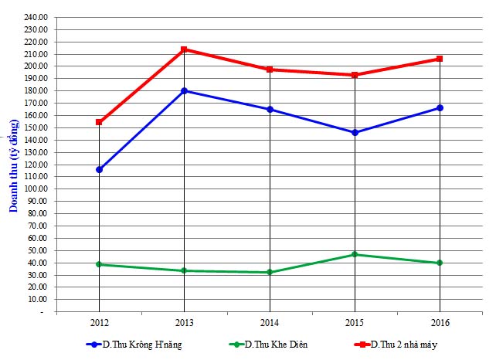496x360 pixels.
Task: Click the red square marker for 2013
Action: pyautogui.click(x=184, y=49)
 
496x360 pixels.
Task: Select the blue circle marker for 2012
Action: pyautogui.click(x=99, y=169)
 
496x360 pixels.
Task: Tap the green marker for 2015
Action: pyautogui.click(x=355, y=254)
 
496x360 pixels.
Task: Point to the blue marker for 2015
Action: pyautogui.click(x=355, y=132)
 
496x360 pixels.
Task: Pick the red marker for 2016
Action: pyautogui.click(x=440, y=59)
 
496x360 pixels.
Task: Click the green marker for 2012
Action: pyautogui.click(x=99, y=264)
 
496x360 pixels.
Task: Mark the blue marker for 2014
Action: pyautogui.click(x=270, y=110)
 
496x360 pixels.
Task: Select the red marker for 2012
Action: pyautogui.click(x=99, y=122)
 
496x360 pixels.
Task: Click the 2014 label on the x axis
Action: pyautogui.click(x=270, y=321)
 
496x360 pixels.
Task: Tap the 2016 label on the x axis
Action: pyautogui.click(x=440, y=321)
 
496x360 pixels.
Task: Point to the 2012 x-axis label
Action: pyautogui.click(x=99, y=321)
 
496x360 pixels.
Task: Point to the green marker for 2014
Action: pyautogui.click(x=270, y=272)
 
